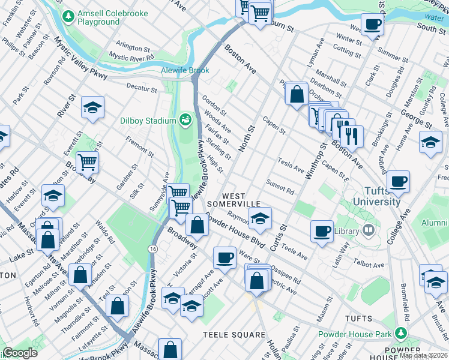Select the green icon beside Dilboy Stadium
point(185,120)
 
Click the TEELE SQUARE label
point(234,334)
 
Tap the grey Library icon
point(368,230)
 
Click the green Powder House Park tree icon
point(400,332)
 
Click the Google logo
point(20,353)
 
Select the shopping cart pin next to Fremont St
point(88,161)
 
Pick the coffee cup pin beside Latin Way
point(322,231)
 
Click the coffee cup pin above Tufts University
point(398,181)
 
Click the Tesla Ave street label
point(291,165)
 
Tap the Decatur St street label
point(142,88)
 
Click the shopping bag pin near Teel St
point(118,305)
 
